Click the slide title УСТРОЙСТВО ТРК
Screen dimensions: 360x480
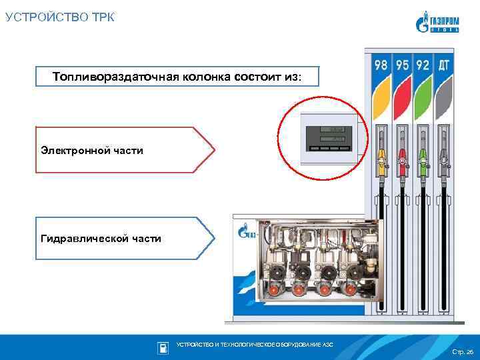pyautogui.click(x=60, y=17)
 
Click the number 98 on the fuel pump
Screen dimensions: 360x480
pyautogui.click(x=381, y=66)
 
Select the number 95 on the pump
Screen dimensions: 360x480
pyautogui.click(x=402, y=66)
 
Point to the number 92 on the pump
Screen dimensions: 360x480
pyautogui.click(x=423, y=66)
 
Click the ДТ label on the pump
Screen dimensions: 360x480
pyautogui.click(x=444, y=66)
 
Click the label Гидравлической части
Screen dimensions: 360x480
pyautogui.click(x=101, y=238)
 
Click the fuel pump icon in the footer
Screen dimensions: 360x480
pyautogui.click(x=163, y=347)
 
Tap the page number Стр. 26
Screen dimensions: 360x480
pyautogui.click(x=461, y=351)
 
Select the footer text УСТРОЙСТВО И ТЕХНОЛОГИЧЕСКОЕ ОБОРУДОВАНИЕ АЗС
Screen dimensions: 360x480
pyautogui.click(x=254, y=344)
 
